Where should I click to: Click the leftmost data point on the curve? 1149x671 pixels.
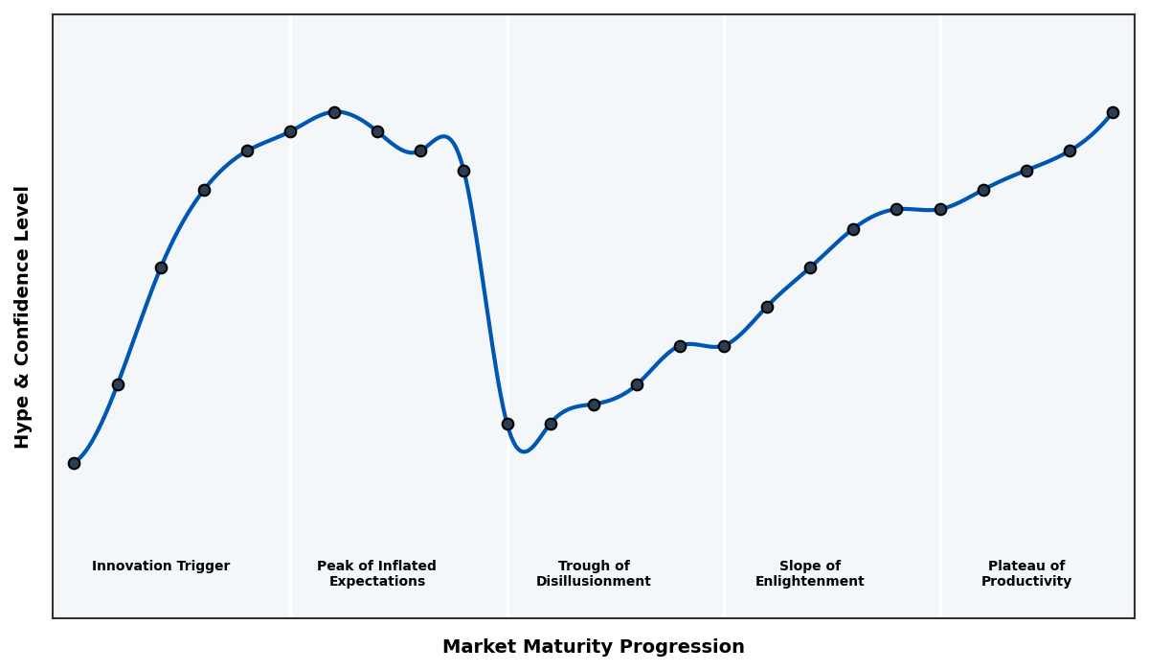(74, 463)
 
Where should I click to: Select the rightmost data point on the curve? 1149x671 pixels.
(1113, 112)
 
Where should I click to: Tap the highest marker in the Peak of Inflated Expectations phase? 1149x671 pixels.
(334, 112)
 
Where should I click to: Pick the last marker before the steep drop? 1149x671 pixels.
(463, 171)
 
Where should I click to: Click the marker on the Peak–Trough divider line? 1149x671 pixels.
(507, 424)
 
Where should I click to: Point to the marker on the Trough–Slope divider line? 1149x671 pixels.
(724, 346)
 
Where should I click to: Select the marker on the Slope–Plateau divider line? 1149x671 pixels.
(940, 209)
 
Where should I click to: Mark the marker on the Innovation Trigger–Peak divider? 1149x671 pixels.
(290, 131)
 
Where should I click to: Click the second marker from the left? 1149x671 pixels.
(118, 384)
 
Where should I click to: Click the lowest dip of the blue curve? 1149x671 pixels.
(524, 451)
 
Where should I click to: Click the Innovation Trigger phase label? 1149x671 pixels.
(161, 567)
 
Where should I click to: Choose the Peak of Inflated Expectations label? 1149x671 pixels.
(376, 573)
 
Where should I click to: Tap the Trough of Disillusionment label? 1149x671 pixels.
(594, 573)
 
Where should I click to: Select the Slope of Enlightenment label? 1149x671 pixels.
(809, 573)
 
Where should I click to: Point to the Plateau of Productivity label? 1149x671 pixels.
(1026, 573)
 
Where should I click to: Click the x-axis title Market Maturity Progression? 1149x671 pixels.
(594, 647)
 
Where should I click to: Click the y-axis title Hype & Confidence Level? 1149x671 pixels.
(23, 316)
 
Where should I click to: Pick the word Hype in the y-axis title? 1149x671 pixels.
(23, 427)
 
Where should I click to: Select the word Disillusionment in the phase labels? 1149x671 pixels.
(594, 582)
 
